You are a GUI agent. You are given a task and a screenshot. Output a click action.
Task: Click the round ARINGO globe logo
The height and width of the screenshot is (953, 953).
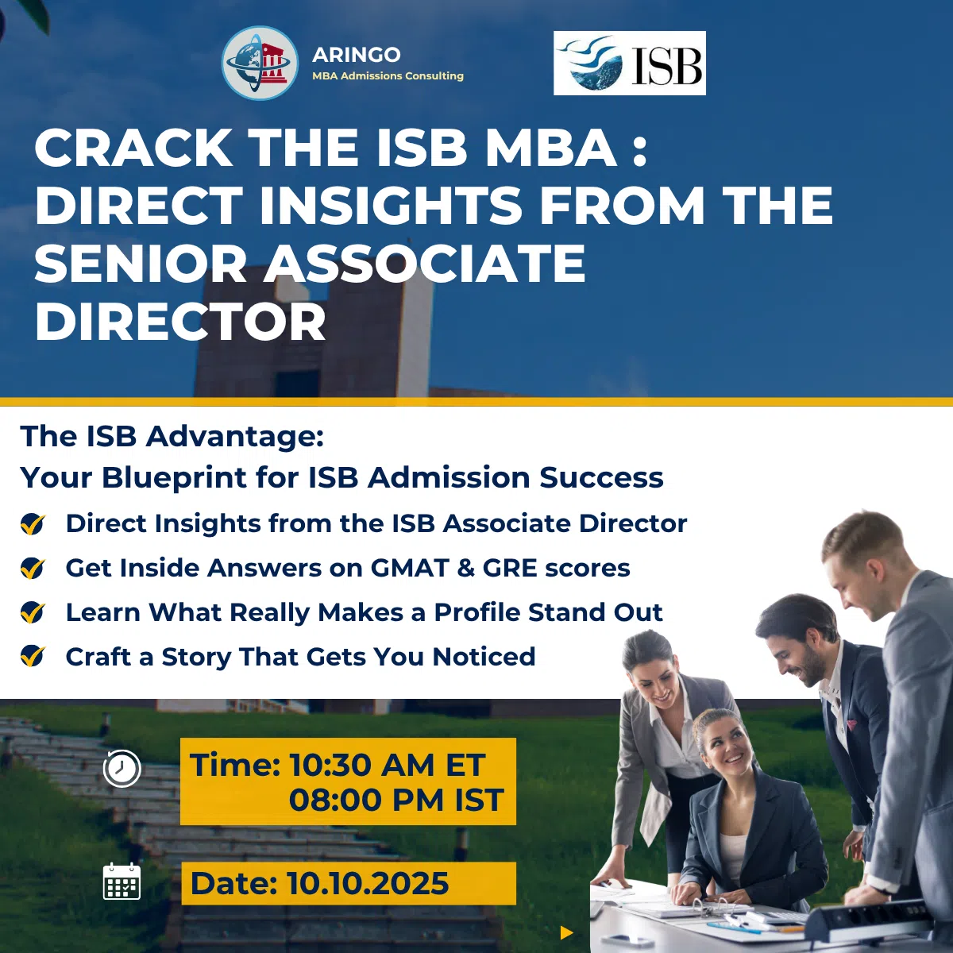click(260, 64)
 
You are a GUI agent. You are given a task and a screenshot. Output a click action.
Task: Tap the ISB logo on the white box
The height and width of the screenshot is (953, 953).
click(630, 63)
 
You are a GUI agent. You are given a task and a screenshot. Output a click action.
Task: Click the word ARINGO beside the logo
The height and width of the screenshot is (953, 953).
click(356, 55)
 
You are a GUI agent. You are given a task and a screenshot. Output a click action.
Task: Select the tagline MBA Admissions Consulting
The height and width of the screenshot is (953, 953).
click(388, 76)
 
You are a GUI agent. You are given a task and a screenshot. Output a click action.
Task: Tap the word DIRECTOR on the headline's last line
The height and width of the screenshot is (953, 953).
click(180, 321)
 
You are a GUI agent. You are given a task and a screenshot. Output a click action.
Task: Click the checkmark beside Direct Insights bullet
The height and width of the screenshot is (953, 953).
click(33, 523)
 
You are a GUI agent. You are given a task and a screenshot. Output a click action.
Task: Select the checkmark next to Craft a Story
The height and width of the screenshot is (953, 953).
click(33, 656)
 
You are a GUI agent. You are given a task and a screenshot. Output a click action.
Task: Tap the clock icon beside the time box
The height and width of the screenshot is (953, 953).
click(122, 768)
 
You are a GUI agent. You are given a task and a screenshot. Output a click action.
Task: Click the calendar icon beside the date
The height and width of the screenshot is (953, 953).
click(122, 882)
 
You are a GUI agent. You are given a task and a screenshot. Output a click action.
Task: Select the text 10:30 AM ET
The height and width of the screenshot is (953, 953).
click(387, 766)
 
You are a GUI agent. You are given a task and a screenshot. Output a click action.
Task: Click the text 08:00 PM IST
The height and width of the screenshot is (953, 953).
click(396, 801)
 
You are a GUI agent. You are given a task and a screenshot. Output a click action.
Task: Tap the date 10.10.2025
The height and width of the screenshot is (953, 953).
click(368, 884)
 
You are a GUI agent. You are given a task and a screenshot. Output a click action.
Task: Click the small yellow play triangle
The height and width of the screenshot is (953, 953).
click(567, 933)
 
